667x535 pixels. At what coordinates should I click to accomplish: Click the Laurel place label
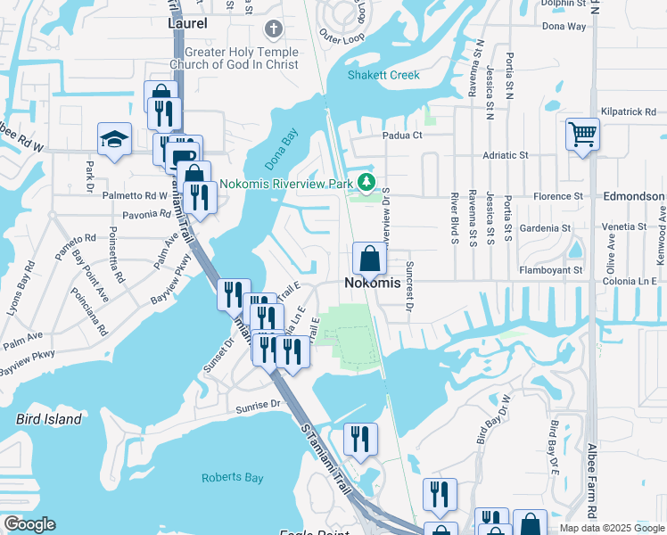[x=187, y=23]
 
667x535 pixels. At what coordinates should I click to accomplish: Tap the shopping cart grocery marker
[x=582, y=135]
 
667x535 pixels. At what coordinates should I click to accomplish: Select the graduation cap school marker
[x=114, y=139]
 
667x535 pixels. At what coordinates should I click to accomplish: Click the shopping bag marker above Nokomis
[x=369, y=259]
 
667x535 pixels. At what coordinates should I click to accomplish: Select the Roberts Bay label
[x=232, y=478]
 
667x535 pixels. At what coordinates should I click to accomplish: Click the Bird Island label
[x=49, y=418]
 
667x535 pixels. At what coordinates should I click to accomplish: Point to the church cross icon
[x=274, y=29]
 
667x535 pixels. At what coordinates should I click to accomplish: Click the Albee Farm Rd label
[x=592, y=481]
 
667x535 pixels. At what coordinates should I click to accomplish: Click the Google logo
[x=29, y=524]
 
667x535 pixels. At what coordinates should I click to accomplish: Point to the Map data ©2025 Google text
[x=610, y=528]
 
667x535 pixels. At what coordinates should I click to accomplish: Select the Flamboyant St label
[x=551, y=269]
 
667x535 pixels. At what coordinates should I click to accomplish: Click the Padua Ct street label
[x=402, y=136]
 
